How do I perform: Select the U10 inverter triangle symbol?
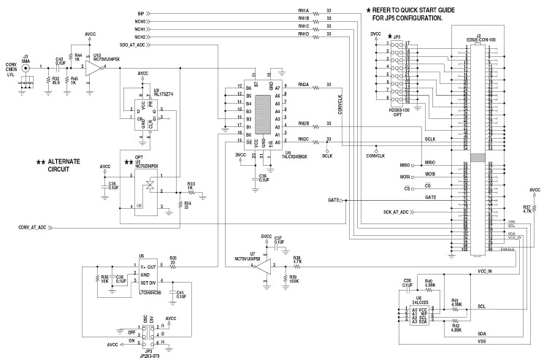(94, 68)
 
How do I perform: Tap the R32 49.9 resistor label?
(55, 82)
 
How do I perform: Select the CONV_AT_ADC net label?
(33, 227)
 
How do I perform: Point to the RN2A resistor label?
(303, 85)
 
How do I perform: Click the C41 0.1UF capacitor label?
(180, 294)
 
